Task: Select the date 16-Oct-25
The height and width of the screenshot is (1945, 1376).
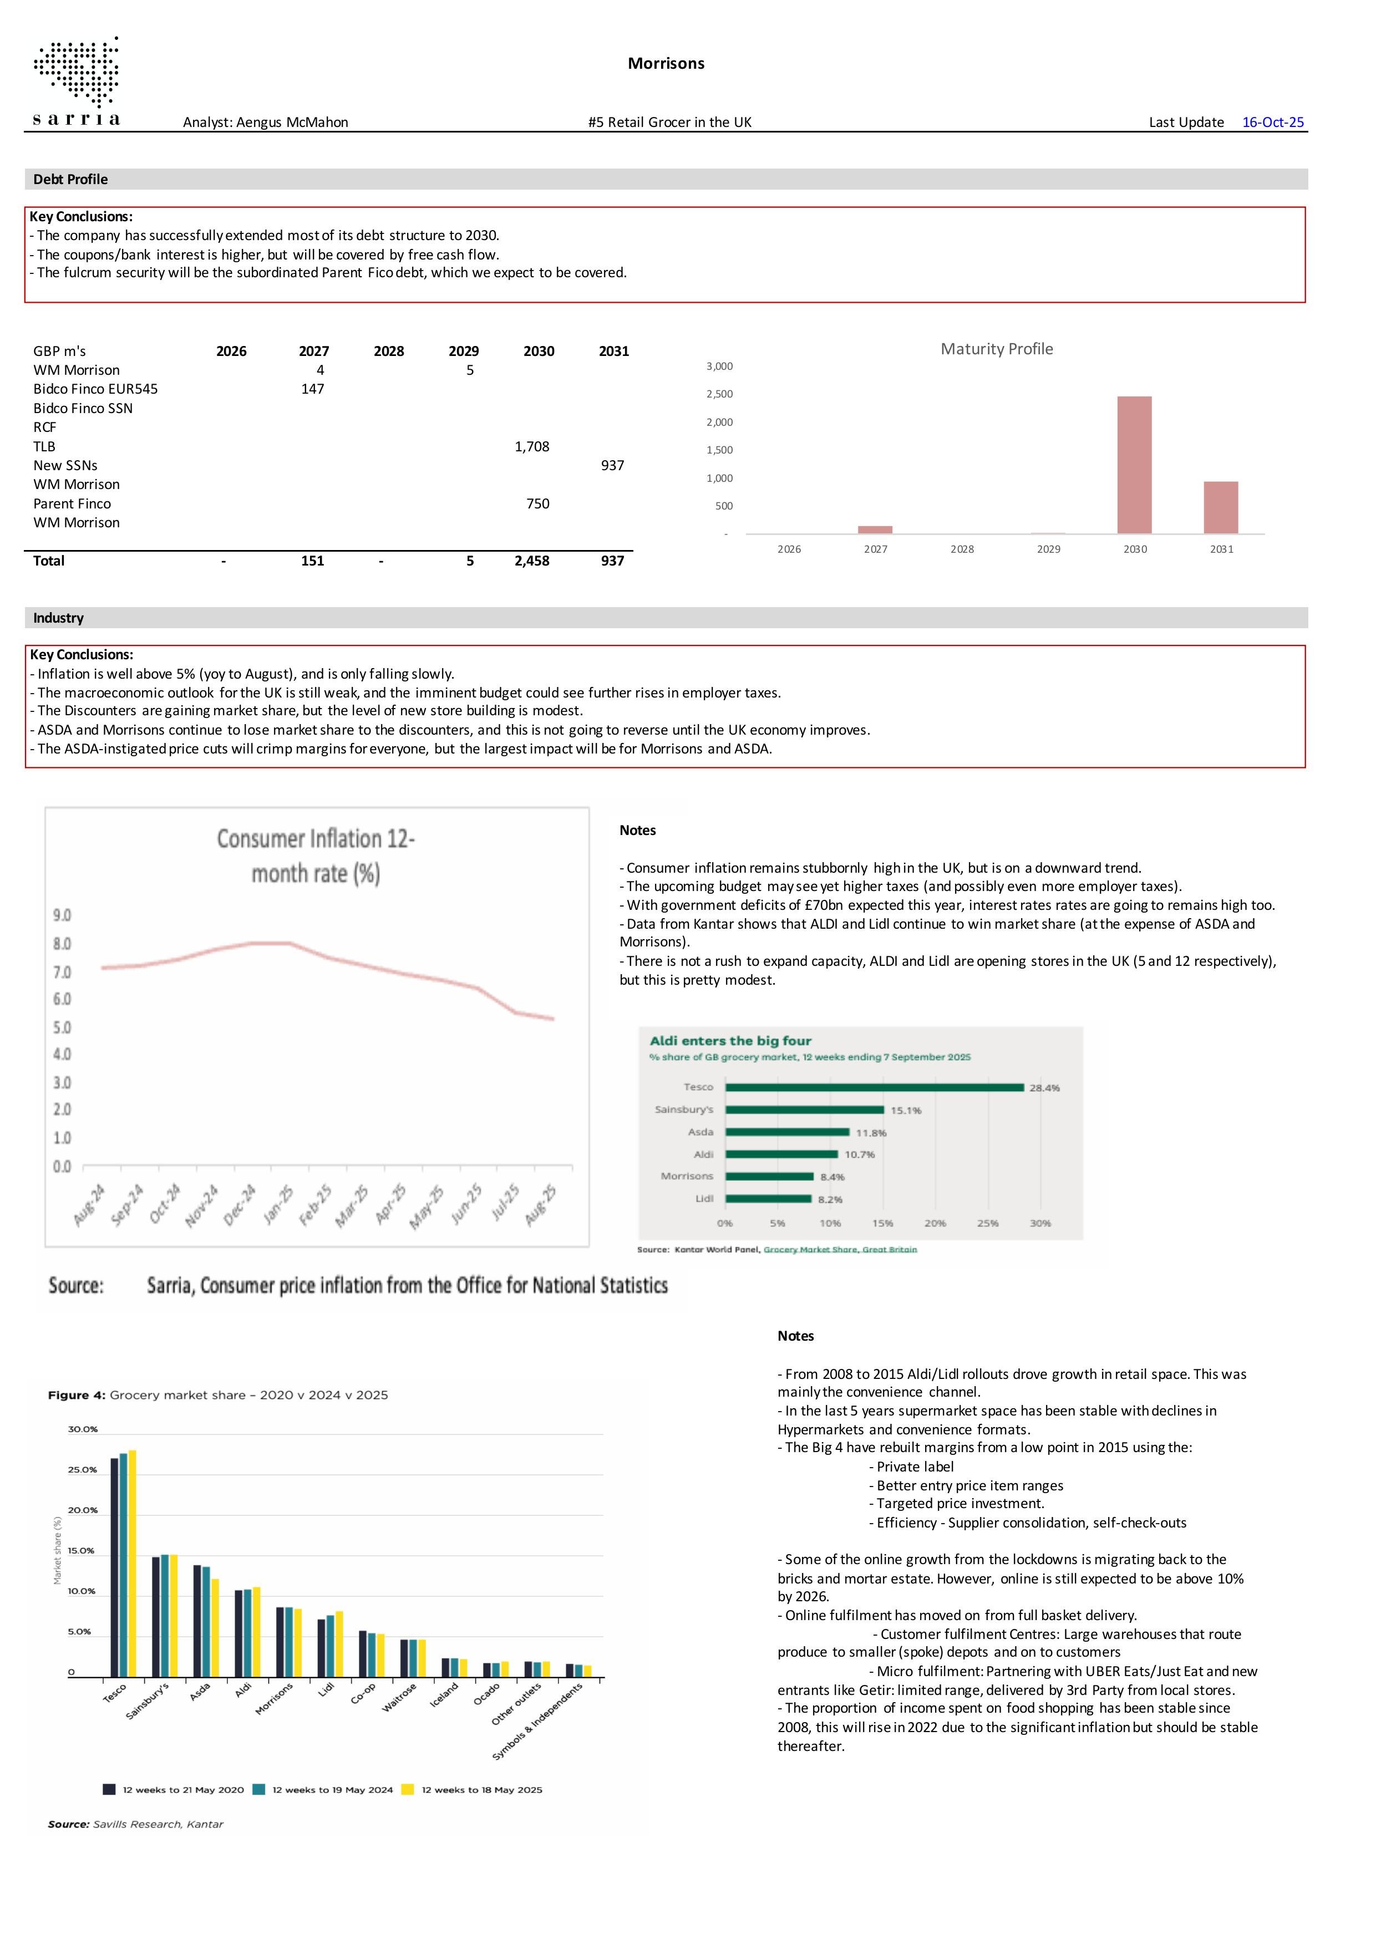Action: pyautogui.click(x=1273, y=122)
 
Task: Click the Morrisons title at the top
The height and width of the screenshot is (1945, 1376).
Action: pyautogui.click(x=666, y=64)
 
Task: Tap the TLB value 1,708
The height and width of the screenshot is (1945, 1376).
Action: pyautogui.click(x=531, y=446)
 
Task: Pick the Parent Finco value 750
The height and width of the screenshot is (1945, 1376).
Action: pyautogui.click(x=537, y=503)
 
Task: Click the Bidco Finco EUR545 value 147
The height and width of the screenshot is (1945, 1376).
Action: pyautogui.click(x=313, y=389)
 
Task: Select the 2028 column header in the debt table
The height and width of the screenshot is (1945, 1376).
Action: pyautogui.click(x=389, y=351)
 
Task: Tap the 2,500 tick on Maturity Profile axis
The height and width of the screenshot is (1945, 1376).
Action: pyautogui.click(x=719, y=394)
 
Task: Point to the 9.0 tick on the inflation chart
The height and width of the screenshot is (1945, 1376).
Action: pyautogui.click(x=62, y=915)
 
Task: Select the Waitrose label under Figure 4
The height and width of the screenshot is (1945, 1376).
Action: pyautogui.click(x=399, y=1697)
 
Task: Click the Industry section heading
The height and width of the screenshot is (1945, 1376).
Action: pyautogui.click(x=58, y=618)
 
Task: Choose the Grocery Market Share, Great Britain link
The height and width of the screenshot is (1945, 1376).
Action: pyautogui.click(x=840, y=1250)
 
